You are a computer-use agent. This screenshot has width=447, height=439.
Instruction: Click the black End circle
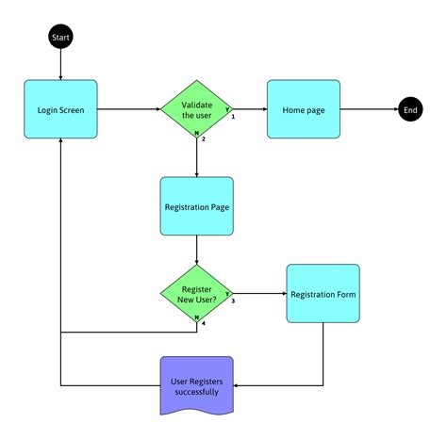[x=410, y=110]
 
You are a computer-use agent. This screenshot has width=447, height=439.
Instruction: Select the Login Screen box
[x=60, y=110]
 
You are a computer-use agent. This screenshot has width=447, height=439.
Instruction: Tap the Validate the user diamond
[x=196, y=110]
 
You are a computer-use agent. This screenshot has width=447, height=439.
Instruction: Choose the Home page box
[x=303, y=110]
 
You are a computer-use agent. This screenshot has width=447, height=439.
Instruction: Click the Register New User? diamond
[x=196, y=293]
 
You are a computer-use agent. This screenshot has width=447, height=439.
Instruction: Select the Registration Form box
[x=323, y=295]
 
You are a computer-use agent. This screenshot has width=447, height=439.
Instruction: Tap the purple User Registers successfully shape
[x=196, y=384]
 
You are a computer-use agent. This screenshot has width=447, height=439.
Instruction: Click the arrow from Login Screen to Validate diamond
[x=128, y=110]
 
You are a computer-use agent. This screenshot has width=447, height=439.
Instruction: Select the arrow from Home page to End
[x=368, y=110]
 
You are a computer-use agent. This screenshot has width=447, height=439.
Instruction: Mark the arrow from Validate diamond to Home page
[x=250, y=110]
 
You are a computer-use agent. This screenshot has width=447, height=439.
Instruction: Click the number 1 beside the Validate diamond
[x=232, y=118]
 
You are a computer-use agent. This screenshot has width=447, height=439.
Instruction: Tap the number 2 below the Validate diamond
[x=203, y=139]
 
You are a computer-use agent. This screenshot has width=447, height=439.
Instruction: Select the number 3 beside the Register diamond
[x=232, y=301]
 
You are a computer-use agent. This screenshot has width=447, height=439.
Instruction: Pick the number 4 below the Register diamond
[x=203, y=323]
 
